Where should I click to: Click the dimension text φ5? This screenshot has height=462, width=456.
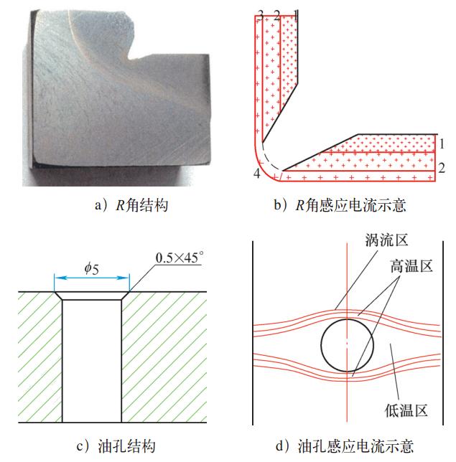(x=92, y=268)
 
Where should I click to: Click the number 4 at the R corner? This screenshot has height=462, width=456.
(x=256, y=174)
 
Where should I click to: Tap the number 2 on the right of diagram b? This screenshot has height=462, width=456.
(x=442, y=169)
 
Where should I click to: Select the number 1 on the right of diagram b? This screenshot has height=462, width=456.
(x=443, y=142)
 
